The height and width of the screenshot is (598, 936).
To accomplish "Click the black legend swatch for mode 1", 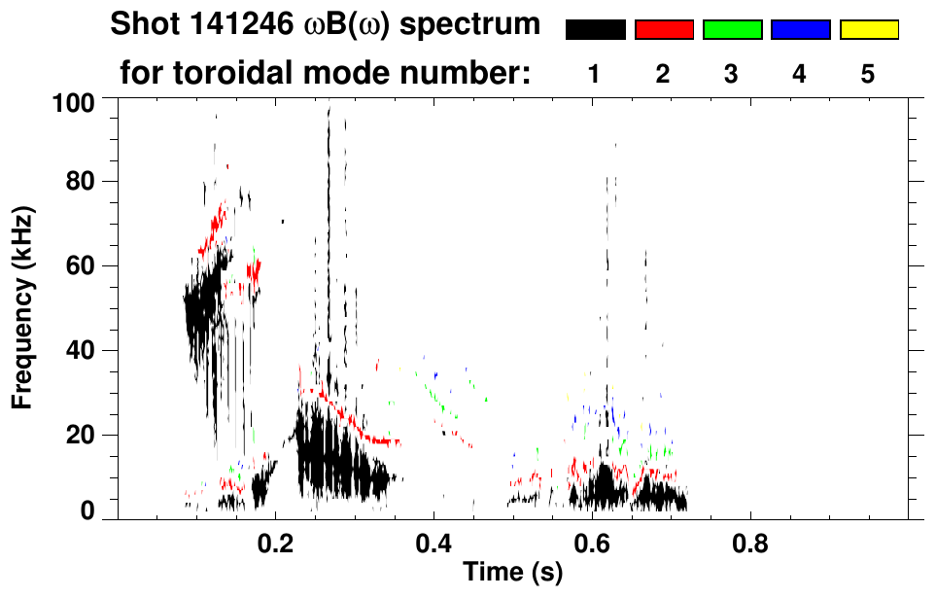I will coord(596,30).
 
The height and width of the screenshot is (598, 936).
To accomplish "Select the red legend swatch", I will coord(664,30).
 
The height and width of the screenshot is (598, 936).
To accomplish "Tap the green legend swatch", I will coord(732,30).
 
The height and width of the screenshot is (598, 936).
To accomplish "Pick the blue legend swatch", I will coord(800,30).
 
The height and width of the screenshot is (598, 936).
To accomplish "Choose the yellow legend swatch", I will coord(868,30).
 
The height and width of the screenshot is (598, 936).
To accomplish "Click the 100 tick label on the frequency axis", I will coord(74,101).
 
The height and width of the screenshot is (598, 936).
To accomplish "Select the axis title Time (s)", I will coord(511,574).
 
